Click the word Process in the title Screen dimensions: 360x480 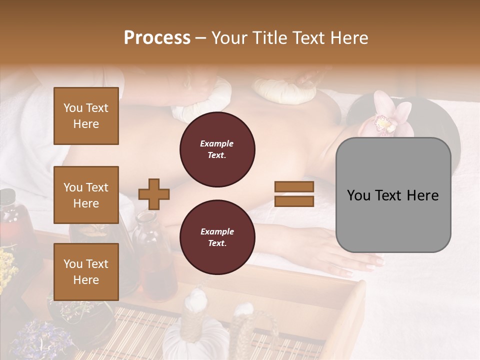pyautogui.click(x=157, y=38)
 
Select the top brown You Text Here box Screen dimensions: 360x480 pyautogui.click(x=86, y=116)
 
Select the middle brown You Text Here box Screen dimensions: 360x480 pyautogui.click(x=86, y=195)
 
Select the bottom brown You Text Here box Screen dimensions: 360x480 pyautogui.click(x=86, y=272)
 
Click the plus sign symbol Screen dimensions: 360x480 pyautogui.click(x=153, y=194)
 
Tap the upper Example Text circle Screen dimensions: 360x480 pyautogui.click(x=217, y=149)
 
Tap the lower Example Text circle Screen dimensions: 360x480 pyautogui.click(x=217, y=237)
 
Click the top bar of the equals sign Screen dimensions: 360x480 pyautogui.click(x=294, y=186)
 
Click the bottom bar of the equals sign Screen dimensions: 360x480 pyautogui.click(x=294, y=201)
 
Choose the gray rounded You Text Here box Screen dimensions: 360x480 pyautogui.click(x=393, y=195)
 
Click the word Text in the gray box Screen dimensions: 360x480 pyautogui.click(x=405, y=195)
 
